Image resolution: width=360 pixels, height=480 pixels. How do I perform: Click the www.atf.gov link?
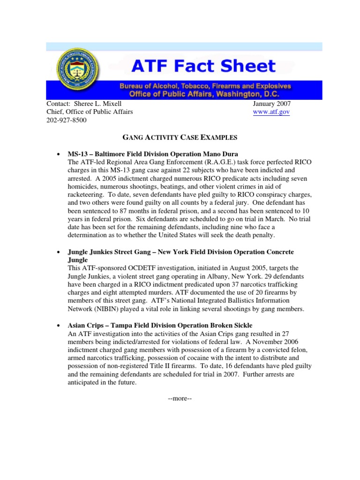tap(271, 112)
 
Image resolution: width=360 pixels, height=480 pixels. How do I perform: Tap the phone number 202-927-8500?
tap(67, 120)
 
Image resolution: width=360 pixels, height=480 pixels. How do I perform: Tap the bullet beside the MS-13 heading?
tap(57, 154)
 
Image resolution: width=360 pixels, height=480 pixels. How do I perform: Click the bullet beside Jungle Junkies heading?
tap(57, 252)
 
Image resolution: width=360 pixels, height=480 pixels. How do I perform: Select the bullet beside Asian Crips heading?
tap(57, 325)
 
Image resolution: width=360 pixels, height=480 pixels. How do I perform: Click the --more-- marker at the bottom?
tap(180, 399)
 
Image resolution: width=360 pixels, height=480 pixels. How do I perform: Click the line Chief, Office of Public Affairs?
tap(90, 112)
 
